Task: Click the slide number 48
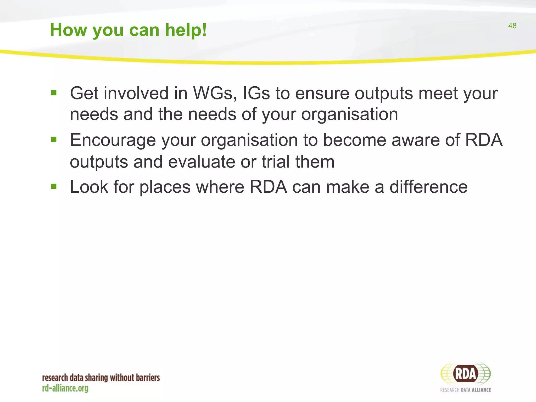(512, 26)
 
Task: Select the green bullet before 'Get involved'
(54, 93)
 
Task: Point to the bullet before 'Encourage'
(54, 139)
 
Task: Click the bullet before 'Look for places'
(54, 186)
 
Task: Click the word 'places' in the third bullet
(165, 187)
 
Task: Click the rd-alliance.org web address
(65, 388)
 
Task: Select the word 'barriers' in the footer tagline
(148, 378)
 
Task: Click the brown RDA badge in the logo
(466, 373)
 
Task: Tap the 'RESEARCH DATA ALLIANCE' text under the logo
(465, 390)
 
